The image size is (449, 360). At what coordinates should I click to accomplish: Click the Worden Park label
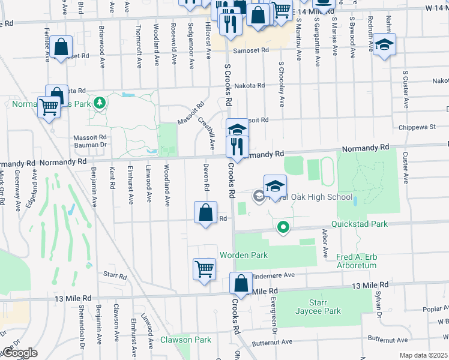[243, 255]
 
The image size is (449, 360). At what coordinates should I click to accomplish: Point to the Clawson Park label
[185, 340]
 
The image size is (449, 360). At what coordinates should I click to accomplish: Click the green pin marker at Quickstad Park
[283, 227]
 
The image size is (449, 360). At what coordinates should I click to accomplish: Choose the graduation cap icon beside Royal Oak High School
[275, 187]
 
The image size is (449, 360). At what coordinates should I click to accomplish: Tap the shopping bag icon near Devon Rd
[205, 213]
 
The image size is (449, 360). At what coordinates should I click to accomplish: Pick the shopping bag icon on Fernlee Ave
[61, 47]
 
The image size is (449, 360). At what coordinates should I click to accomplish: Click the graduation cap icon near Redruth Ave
[384, 45]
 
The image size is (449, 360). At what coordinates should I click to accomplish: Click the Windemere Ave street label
[273, 275]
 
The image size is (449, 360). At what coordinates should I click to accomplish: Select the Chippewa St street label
[417, 127]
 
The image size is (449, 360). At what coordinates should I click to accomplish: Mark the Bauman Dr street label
[94, 145]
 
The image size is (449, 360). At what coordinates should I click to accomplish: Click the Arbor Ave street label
[326, 244]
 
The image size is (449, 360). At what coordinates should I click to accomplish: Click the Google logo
[20, 353]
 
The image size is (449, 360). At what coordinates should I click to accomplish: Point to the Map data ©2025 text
[423, 355]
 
